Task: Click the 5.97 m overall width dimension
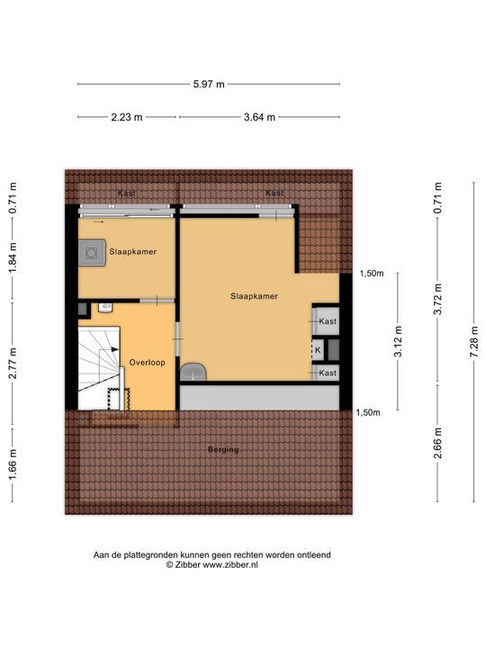(x=209, y=84)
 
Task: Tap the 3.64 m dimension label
(x=259, y=117)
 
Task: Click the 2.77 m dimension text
(x=13, y=362)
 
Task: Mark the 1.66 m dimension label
(x=13, y=468)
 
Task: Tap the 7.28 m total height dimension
(x=474, y=341)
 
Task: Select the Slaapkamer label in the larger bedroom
(x=254, y=295)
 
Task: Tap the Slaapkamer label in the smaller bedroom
(x=133, y=253)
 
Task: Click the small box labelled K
(x=317, y=350)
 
